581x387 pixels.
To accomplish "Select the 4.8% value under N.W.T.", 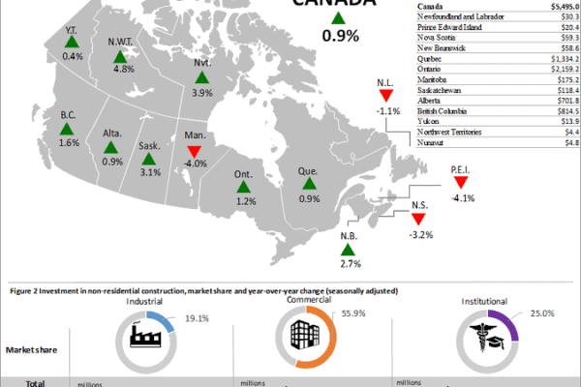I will click(123, 69).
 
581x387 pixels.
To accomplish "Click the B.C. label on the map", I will click(68, 115).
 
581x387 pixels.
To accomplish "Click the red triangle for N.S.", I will click(419, 220).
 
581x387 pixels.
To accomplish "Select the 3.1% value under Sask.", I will click(149, 172).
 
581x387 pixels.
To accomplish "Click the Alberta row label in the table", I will click(431, 99).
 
